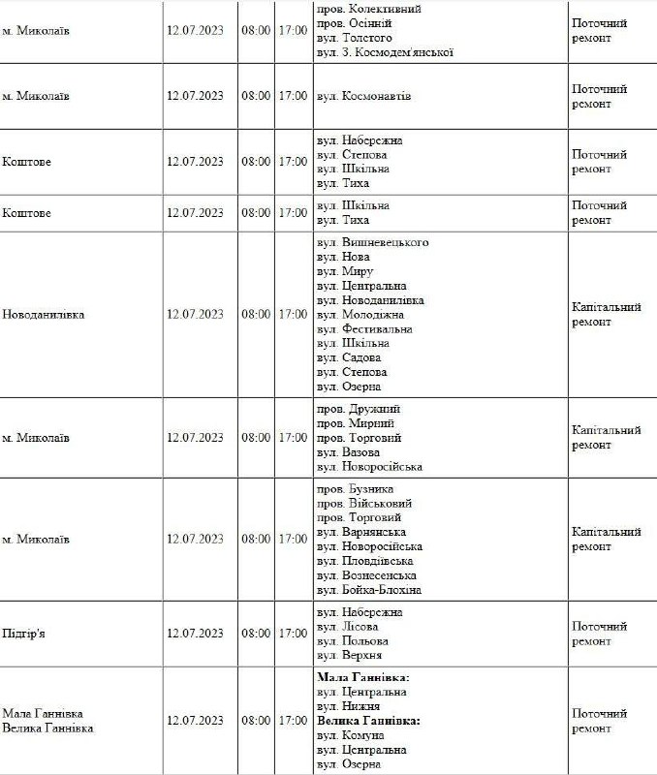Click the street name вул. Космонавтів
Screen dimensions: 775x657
(363, 97)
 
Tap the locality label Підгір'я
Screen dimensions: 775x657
(25, 634)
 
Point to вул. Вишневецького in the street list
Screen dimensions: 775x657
(372, 243)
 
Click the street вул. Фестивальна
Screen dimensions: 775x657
(364, 329)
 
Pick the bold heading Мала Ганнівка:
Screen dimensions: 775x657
(363, 678)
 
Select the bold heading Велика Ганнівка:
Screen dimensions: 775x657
(368, 722)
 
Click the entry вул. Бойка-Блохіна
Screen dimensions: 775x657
(369, 590)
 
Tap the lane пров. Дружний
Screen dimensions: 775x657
(359, 410)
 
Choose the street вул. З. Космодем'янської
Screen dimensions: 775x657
(385, 52)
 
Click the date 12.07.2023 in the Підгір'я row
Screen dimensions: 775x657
(195, 634)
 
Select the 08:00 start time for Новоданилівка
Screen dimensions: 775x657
(256, 315)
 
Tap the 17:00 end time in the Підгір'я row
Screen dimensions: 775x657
(293, 634)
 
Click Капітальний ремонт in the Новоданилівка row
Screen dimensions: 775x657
(607, 315)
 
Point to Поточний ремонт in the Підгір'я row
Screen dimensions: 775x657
(600, 634)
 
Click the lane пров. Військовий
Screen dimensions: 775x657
(364, 504)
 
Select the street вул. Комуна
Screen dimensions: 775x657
(351, 736)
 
